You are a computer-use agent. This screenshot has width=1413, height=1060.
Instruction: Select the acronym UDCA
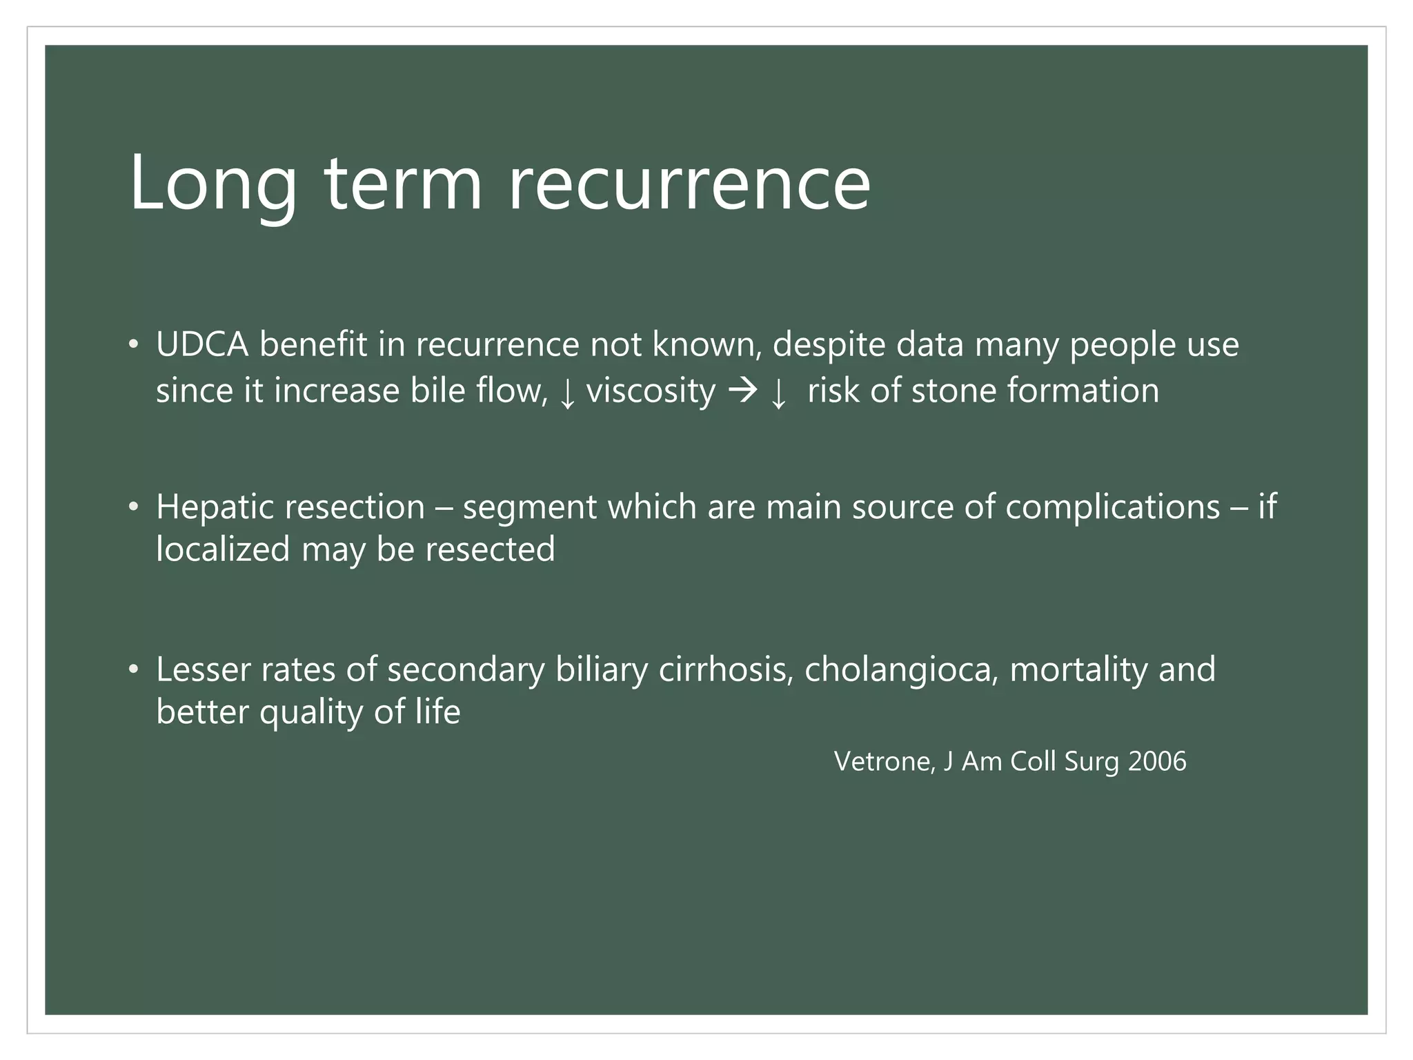coord(202,344)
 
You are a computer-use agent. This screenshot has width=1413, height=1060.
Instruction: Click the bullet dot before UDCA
coord(133,344)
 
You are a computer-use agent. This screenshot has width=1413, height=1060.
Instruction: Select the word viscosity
coord(651,391)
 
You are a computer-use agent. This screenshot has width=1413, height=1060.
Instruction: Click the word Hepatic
coord(210,508)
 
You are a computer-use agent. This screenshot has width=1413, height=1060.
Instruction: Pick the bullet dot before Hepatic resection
coord(133,507)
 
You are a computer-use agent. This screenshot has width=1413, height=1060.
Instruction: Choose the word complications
coord(1112,508)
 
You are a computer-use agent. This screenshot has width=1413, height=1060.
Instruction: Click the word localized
coord(222,550)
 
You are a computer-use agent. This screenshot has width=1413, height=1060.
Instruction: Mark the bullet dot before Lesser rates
coord(133,669)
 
